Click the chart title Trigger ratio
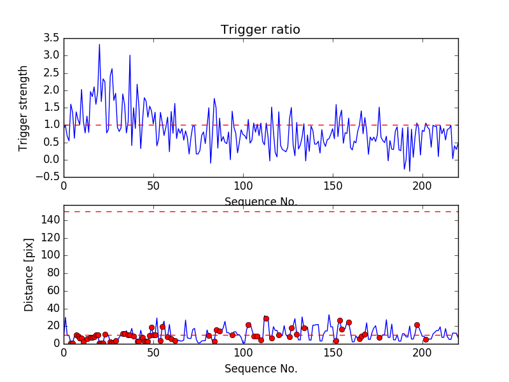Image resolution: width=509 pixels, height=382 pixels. tap(260, 30)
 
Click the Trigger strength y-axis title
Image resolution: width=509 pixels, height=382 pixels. tap(24, 108)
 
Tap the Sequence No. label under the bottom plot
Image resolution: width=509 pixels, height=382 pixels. tap(260, 369)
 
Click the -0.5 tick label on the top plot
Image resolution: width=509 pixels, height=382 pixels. tap(50, 177)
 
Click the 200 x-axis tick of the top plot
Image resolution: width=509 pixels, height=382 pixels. tap(422, 186)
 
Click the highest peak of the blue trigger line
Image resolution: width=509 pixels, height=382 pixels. tap(99, 44)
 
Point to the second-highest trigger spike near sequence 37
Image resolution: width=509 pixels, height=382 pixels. tap(130, 55)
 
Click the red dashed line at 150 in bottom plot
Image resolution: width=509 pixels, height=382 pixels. tap(260, 211)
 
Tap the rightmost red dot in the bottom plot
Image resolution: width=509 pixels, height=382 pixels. tap(426, 339)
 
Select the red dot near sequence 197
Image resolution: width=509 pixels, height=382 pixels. tap(417, 325)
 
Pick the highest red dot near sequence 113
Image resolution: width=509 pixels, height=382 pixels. tap(266, 318)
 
